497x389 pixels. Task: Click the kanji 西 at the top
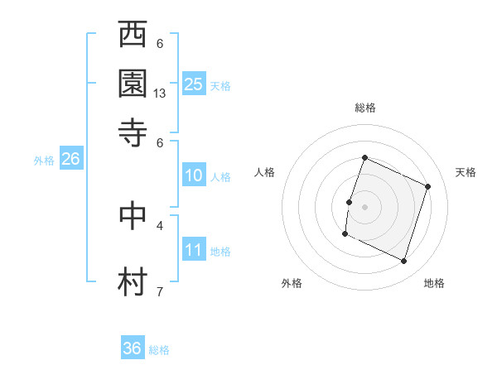click(x=133, y=36)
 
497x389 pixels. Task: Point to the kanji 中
click(x=133, y=214)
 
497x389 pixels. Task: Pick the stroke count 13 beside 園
click(x=160, y=94)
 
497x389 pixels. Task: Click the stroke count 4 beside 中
click(x=160, y=224)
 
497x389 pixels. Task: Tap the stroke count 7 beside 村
click(x=160, y=291)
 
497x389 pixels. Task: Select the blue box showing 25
click(x=194, y=84)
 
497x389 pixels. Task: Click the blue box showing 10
click(x=194, y=175)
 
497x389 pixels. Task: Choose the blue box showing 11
click(x=194, y=250)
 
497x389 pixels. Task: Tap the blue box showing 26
click(x=70, y=160)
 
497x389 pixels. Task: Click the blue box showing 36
click(x=133, y=348)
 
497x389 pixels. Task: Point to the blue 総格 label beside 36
click(x=159, y=350)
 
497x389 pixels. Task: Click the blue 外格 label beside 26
click(x=44, y=161)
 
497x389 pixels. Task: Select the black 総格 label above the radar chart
click(x=365, y=108)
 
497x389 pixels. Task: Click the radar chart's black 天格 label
click(x=466, y=172)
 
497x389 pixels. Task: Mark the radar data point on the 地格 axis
click(x=403, y=262)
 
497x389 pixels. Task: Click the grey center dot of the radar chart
click(x=365, y=206)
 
